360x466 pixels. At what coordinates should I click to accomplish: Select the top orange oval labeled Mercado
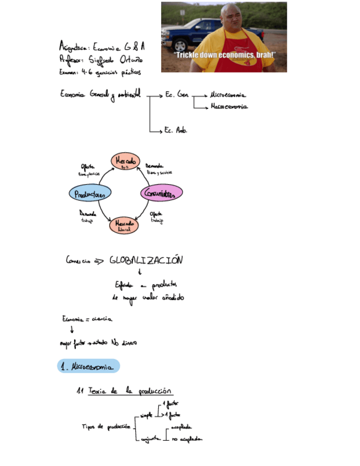(126, 160)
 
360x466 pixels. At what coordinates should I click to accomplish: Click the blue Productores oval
(90, 193)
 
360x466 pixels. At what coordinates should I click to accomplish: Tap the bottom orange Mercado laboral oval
(127, 225)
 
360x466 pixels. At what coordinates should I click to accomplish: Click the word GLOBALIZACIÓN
(146, 260)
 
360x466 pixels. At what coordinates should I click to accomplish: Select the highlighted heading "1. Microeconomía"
(88, 367)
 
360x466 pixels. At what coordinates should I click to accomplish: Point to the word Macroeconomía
(229, 107)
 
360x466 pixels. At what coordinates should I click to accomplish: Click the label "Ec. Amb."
(176, 131)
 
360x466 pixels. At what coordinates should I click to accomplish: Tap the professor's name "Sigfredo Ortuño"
(117, 59)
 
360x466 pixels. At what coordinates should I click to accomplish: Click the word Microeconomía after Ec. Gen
(228, 95)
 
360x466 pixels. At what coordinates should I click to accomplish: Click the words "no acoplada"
(186, 439)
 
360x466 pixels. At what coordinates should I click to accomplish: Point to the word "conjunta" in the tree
(149, 439)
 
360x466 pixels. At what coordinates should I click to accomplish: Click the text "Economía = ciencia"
(88, 319)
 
